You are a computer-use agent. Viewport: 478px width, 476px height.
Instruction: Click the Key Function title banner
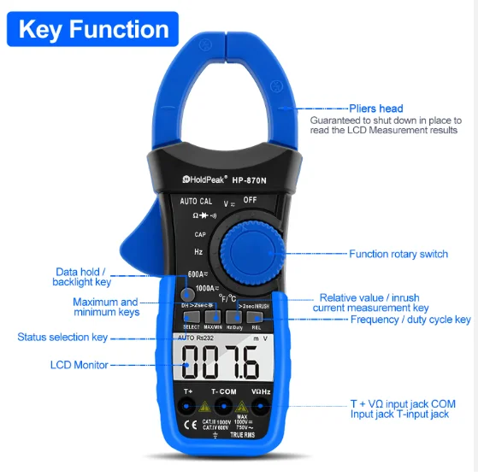click(x=93, y=30)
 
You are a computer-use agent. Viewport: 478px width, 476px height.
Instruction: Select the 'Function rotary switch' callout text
click(x=398, y=254)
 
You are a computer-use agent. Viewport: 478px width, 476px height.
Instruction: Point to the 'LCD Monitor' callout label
click(x=79, y=365)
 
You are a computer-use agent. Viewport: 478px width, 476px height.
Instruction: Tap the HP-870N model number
click(x=253, y=179)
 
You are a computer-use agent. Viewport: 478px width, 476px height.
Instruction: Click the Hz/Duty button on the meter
click(x=234, y=318)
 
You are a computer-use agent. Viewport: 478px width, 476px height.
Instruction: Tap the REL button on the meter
click(x=257, y=318)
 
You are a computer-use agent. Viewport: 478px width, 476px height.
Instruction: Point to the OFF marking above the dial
click(x=250, y=200)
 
